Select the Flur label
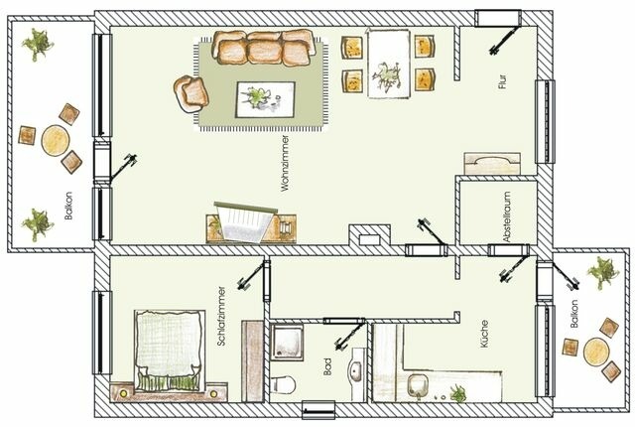[x=502, y=80]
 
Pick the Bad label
[x=328, y=368]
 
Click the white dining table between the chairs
[x=385, y=62]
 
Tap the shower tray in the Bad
[x=294, y=346]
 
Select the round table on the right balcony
[x=597, y=351]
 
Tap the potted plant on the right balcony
[x=602, y=269]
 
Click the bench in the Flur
[x=493, y=163]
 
